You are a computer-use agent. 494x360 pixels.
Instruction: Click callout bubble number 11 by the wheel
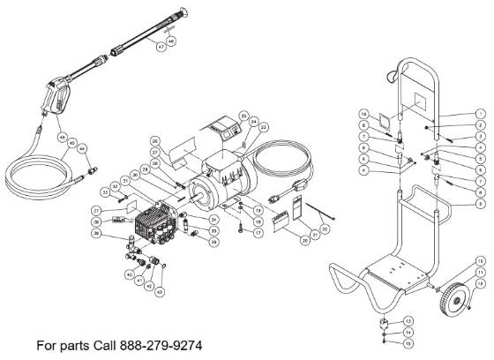[479, 274]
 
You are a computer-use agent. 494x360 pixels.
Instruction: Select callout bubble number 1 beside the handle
[479, 113]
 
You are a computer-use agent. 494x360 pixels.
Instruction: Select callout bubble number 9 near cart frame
[479, 202]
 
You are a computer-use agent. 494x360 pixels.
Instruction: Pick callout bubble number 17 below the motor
[258, 233]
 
